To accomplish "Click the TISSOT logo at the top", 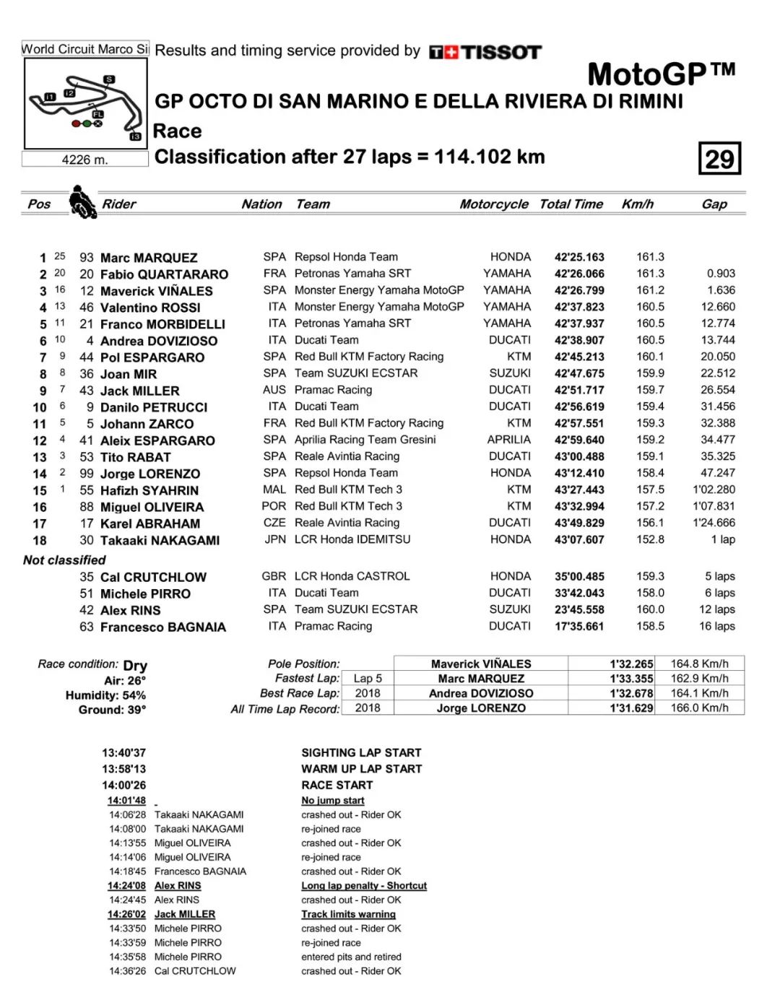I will coord(485,52).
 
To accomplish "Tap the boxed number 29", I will coord(719,159).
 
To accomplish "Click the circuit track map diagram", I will coord(85,104).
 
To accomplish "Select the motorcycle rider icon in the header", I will coord(82,202).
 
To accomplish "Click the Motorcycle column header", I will coord(494,204).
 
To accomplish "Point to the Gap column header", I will coord(714,204).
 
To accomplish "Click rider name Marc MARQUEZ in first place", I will coord(149,258).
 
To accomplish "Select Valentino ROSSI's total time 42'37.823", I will coord(579,308).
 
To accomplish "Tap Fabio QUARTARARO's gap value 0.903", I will coord(721,274).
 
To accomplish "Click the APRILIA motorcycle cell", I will coord(508,440).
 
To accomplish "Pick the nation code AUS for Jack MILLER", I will coord(274,390).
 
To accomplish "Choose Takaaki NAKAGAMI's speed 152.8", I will coord(650,540).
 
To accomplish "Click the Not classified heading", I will coord(64,560).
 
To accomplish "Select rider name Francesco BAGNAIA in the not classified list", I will coord(162,627).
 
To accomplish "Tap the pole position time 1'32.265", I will coord(631,664).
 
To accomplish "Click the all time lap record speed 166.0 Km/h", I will coord(699,708).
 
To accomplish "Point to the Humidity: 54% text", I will coord(105,695).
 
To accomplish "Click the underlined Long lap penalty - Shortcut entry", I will coord(364,886).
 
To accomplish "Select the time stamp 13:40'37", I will coord(123,752).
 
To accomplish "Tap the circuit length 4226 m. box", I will coord(85,160).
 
